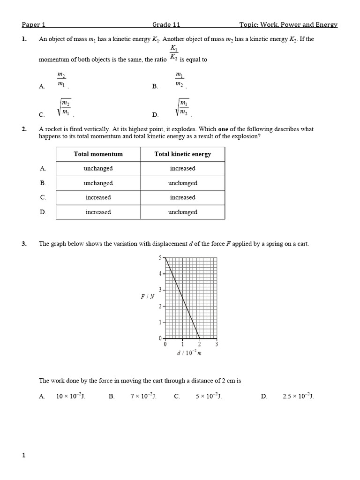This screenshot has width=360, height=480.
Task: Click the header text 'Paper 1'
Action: pos(33,25)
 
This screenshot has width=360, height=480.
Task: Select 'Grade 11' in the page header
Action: pos(166,25)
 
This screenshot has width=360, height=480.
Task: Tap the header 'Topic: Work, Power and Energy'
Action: pos(288,25)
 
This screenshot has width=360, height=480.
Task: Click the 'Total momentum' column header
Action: pos(98,154)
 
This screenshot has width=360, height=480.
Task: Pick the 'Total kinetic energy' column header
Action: pos(182,154)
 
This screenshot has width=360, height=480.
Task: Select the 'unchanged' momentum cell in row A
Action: pos(98,168)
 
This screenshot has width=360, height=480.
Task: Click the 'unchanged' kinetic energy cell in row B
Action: pos(182,183)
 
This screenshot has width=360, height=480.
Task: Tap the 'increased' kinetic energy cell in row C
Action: pos(182,197)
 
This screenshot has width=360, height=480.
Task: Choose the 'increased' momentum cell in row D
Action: pos(98,212)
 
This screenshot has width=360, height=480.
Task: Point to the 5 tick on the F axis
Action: pos(160,258)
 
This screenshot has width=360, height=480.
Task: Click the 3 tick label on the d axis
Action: pos(217,344)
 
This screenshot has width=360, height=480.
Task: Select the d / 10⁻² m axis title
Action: pos(189,353)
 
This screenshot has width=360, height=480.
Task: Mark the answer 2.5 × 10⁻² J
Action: pos(298,396)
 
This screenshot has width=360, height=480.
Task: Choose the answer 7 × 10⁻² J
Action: pos(143,396)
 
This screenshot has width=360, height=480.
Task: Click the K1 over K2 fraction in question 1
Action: pos(173,53)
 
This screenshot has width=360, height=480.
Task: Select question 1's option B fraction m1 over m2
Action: pos(180,79)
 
